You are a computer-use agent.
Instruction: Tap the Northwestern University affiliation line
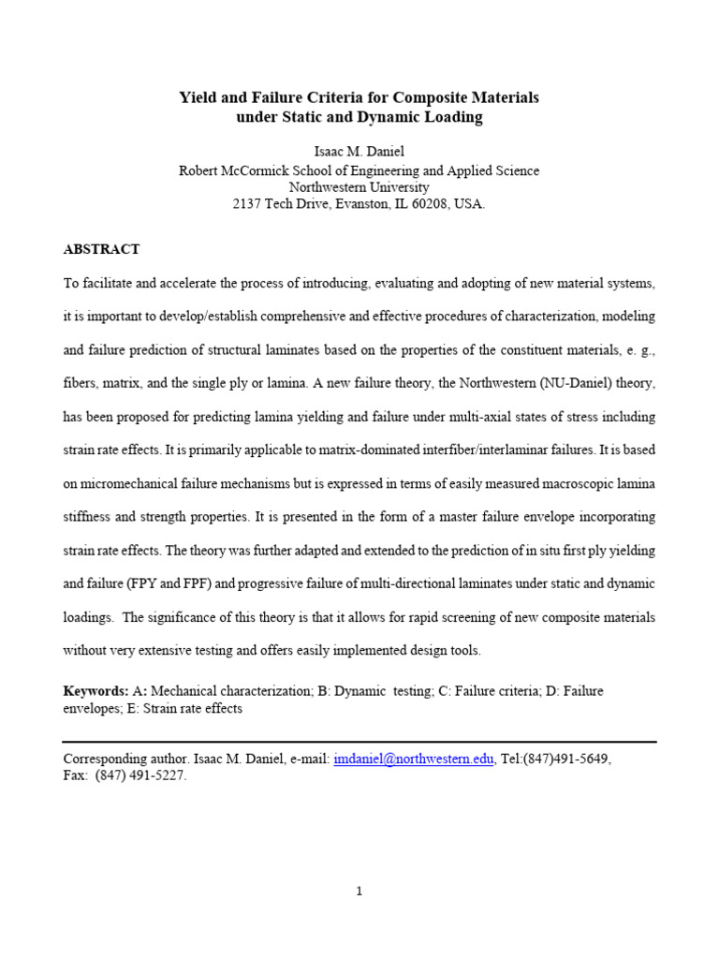click(359, 186)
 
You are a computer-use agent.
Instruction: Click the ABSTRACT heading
click(101, 249)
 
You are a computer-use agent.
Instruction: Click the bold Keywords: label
click(95, 691)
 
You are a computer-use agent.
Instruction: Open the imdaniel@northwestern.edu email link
click(413, 760)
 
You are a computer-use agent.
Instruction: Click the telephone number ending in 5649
click(568, 760)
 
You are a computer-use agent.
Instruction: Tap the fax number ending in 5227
click(140, 776)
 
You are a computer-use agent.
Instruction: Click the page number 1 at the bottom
click(359, 892)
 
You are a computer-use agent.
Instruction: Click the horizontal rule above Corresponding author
click(359, 742)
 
